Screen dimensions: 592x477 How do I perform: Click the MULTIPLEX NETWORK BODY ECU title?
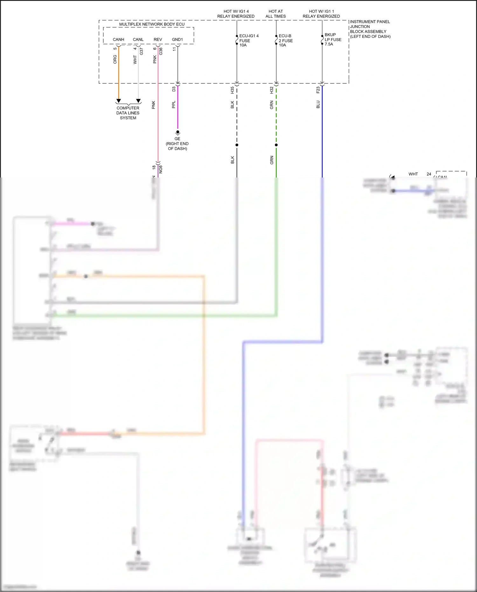(152, 24)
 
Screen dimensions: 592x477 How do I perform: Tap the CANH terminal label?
(118, 39)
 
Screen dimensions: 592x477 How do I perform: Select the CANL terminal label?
(138, 39)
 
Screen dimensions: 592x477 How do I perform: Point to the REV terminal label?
(158, 39)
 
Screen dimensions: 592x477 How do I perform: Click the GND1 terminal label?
(177, 39)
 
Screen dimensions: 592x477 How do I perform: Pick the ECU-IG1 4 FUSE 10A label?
(248, 40)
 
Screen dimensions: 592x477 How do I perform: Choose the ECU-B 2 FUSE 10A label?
(285, 40)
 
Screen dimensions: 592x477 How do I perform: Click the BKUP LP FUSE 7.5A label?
(333, 39)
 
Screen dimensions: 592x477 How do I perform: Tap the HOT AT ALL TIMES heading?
(276, 14)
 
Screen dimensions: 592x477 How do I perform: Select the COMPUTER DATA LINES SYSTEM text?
(128, 113)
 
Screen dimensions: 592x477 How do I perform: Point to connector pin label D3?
(174, 89)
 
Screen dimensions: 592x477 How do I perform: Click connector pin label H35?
(232, 90)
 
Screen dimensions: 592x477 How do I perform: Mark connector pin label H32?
(272, 90)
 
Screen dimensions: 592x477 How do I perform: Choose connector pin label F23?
(318, 90)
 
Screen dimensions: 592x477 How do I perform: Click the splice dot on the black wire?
(237, 145)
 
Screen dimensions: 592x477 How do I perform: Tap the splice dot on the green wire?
(276, 145)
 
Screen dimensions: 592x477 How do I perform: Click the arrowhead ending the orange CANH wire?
(119, 101)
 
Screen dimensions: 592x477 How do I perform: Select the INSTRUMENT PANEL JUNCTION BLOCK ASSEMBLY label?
(370, 29)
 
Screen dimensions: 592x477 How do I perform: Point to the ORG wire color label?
(115, 59)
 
